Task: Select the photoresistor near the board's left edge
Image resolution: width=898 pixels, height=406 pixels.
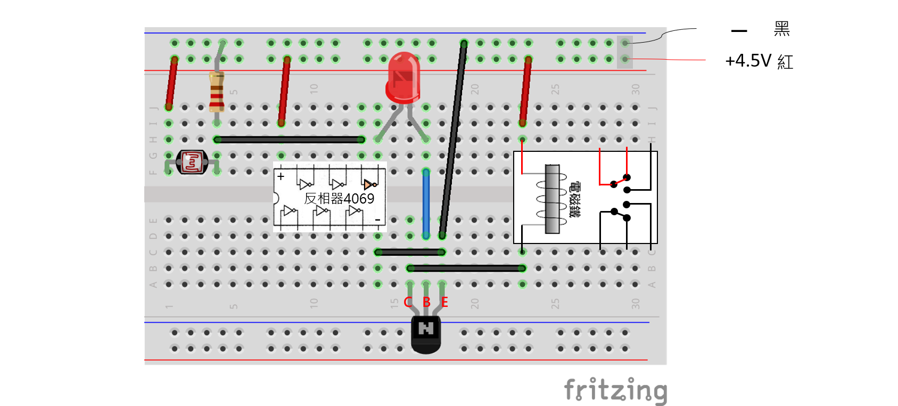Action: (x=192, y=162)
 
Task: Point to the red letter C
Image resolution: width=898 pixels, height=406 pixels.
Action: (x=408, y=302)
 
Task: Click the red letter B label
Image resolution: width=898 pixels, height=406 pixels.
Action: (x=426, y=302)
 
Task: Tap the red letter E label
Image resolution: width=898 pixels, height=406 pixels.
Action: (x=444, y=302)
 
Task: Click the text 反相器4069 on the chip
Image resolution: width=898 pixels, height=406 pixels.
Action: (x=339, y=199)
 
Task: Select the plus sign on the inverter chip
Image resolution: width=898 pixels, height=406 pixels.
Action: (x=281, y=176)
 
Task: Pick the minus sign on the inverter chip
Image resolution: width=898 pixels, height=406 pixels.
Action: (x=377, y=220)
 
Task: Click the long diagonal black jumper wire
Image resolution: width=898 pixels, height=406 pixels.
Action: (x=453, y=139)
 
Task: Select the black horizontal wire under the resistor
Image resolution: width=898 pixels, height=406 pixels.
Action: (x=289, y=140)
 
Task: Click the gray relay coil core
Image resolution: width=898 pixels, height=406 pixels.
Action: (x=553, y=199)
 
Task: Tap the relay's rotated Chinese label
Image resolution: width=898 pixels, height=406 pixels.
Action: (x=575, y=199)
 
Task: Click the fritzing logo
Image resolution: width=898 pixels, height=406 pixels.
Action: (x=615, y=390)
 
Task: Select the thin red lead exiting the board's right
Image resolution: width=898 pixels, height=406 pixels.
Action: (x=687, y=60)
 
